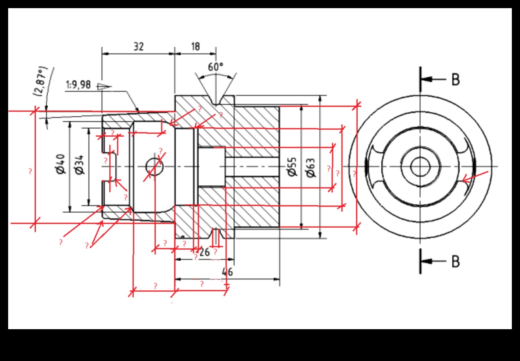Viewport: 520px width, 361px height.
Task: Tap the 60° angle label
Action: (216, 67)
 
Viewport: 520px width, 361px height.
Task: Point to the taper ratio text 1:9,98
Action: (78, 86)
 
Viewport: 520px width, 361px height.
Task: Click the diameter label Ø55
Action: (292, 167)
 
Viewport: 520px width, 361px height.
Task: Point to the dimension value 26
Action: (205, 252)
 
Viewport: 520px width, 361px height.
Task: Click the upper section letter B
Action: (456, 80)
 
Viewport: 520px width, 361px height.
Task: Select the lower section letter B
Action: (456, 261)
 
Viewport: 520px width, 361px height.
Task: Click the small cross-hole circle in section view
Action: (155, 166)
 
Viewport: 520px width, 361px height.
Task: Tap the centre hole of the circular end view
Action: (420, 166)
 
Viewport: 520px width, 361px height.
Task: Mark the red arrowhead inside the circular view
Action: (466, 179)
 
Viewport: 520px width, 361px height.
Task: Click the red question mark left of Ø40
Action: (30, 171)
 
